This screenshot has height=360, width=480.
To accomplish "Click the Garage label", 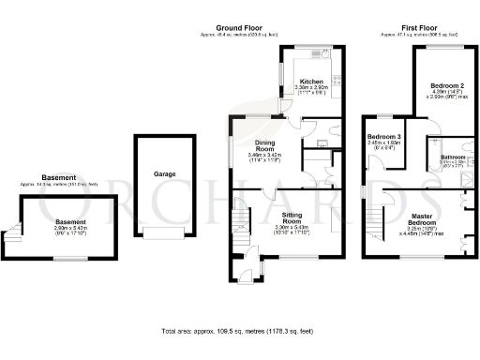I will [165, 174].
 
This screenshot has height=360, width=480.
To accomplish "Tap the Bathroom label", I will [454, 157].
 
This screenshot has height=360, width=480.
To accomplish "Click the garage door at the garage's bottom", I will [165, 232].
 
